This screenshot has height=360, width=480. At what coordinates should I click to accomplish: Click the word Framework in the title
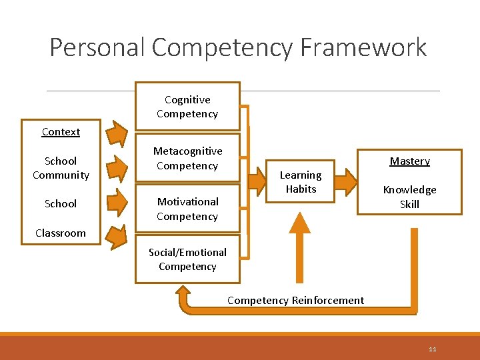tap(364, 48)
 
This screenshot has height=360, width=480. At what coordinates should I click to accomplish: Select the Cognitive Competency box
tap(187, 107)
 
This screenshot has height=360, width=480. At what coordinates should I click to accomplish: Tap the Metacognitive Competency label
tap(187, 159)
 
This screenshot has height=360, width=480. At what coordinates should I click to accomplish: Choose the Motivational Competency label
tap(187, 209)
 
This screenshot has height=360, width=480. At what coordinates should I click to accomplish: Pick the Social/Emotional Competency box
tap(187, 259)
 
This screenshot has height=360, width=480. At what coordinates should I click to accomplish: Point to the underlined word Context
tap(61, 132)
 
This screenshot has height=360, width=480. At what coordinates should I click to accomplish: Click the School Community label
tap(61, 168)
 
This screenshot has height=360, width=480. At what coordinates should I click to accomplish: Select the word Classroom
tap(61, 233)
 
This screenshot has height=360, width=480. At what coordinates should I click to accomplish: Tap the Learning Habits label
tap(301, 182)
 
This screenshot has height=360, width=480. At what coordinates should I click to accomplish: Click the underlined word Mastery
tap(409, 161)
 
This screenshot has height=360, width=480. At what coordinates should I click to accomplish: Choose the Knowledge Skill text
tap(409, 197)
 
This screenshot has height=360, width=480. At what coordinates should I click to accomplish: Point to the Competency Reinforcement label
tap(295, 300)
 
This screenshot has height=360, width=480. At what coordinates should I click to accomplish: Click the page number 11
tap(433, 349)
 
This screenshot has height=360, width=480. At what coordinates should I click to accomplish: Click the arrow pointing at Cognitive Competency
tap(118, 134)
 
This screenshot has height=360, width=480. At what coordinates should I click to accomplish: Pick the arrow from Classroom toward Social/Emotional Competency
tap(118, 236)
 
